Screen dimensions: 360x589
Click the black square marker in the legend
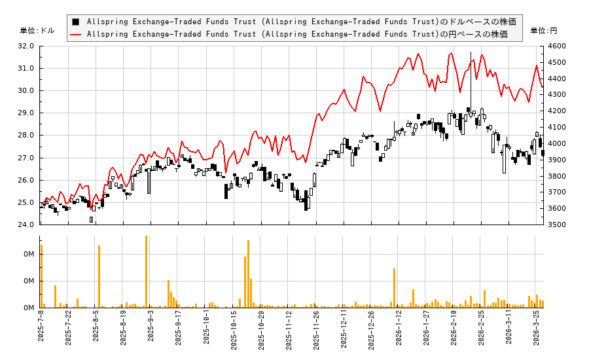(x=76, y=22)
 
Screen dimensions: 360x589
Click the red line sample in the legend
(x=76, y=34)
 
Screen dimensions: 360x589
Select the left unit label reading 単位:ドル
(x=37, y=31)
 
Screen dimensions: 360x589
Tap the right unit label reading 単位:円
(x=543, y=31)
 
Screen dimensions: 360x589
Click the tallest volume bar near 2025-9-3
(x=146, y=272)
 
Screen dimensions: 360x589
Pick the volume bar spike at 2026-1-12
(x=394, y=288)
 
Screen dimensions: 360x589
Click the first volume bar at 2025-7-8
(x=41, y=276)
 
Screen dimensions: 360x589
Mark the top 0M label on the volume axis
(x=29, y=254)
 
